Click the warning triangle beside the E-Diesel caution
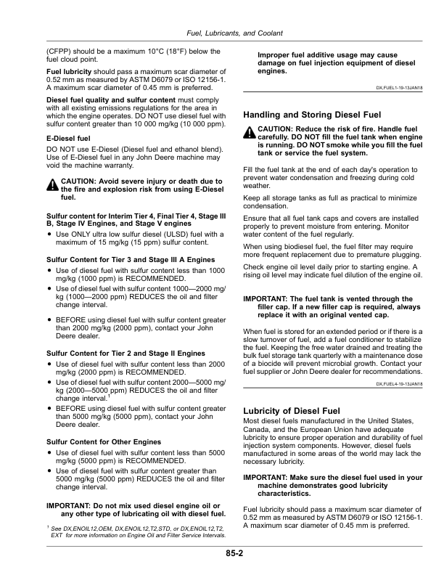tap(52, 185)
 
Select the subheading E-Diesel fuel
tap(68, 138)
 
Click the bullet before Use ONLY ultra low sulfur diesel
tap(49, 235)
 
